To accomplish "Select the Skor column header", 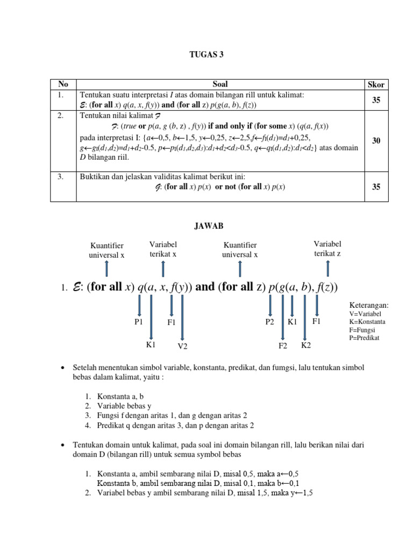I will (376, 84).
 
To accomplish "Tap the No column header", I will (63, 84).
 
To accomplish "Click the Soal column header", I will (220, 84).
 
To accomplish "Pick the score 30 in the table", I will (376, 140).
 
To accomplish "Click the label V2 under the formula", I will (182, 346).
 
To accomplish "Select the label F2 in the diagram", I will (283, 346).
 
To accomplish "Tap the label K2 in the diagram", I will (305, 345).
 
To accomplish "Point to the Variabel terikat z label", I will (327, 249).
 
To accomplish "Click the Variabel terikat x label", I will (163, 249).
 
